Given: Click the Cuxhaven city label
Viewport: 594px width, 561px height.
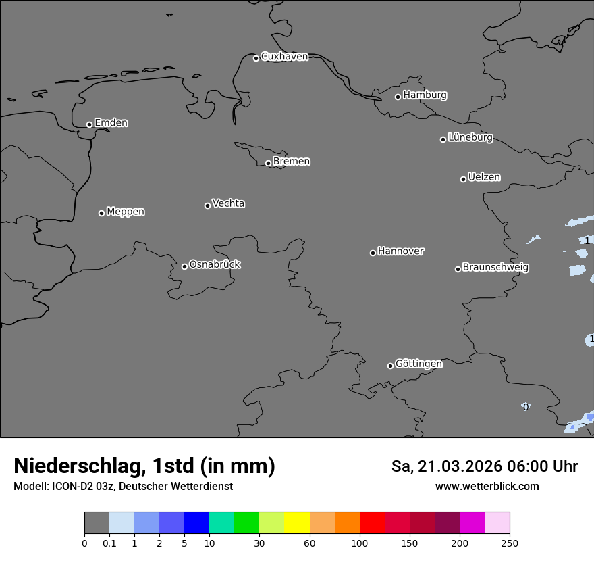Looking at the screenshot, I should point(284,57).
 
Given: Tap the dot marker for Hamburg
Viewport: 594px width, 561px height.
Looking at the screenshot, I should point(398,97).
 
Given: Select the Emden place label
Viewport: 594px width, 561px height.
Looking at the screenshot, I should point(111,123).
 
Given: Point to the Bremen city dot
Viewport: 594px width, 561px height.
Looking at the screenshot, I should point(268,163).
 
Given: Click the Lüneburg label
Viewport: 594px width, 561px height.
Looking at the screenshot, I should point(470,138).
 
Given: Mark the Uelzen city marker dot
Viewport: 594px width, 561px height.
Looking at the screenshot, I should point(463,179).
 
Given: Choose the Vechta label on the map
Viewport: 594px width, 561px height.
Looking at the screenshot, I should point(228,203).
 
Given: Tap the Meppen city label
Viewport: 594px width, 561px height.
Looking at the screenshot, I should point(126,212).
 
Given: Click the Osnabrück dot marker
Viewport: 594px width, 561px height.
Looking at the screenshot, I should point(184,266).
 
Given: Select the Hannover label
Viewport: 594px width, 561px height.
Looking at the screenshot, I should point(400,251).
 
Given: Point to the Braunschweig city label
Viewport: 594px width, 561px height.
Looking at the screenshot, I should point(495,268).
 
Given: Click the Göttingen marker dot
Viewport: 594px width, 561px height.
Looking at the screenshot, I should point(390,366).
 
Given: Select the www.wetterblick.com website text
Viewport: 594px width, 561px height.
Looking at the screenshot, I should point(487,487).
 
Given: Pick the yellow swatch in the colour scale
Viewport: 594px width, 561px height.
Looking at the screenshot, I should point(297,523).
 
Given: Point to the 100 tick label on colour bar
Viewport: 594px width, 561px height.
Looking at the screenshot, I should point(360,543).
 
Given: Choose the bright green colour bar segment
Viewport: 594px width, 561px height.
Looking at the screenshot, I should point(247,523).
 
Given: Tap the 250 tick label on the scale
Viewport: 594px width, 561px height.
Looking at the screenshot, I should point(510,543).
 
